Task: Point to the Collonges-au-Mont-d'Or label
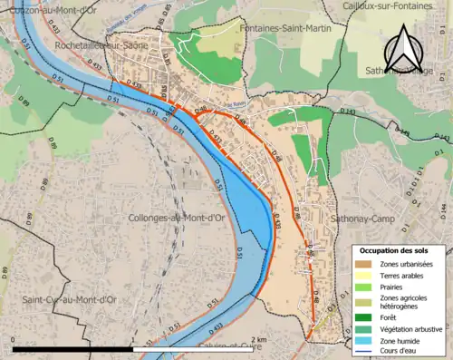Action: point(178,218)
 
